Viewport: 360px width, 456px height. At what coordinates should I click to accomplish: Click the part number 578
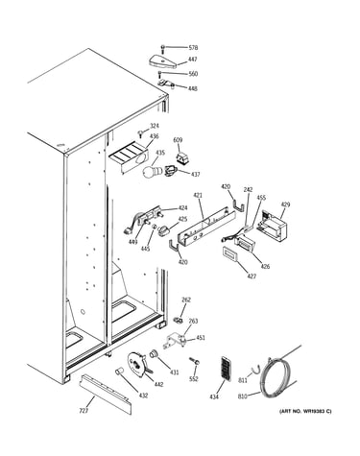(193, 48)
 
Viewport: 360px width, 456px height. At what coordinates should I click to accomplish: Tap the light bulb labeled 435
(150, 170)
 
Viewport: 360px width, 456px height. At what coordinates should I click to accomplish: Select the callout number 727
(84, 411)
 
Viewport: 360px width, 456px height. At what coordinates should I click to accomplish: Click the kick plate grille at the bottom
(107, 394)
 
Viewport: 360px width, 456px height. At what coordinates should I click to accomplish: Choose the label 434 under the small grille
(214, 396)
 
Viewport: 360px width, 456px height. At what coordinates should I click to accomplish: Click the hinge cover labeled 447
(163, 60)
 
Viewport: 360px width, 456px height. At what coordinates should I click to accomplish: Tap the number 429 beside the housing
(285, 204)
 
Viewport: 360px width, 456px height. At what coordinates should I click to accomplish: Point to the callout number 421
(198, 195)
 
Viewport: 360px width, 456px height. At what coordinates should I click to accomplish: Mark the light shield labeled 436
(129, 156)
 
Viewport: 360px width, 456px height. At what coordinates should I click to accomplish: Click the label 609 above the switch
(178, 140)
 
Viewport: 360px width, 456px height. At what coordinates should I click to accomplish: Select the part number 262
(186, 300)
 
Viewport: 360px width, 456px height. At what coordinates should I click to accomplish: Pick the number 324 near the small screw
(155, 126)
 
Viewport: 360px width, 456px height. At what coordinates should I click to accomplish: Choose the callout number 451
(201, 338)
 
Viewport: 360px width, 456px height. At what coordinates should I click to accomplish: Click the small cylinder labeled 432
(119, 372)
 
